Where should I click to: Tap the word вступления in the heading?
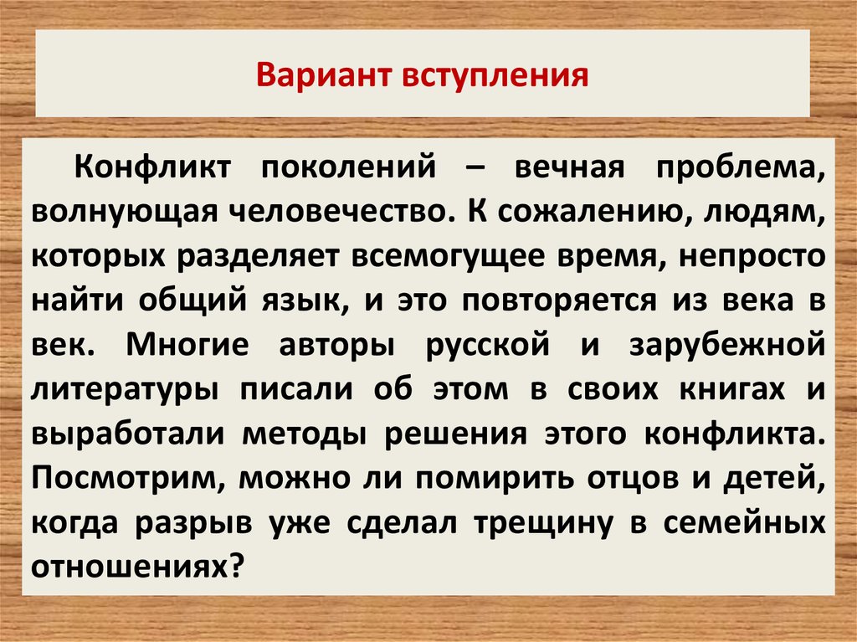(x=495, y=76)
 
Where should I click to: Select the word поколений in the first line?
(x=349, y=167)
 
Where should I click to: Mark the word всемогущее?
(x=449, y=256)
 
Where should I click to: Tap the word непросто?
(x=752, y=257)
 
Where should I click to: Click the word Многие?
(x=187, y=346)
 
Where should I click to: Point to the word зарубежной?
(x=727, y=346)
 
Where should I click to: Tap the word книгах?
(x=732, y=390)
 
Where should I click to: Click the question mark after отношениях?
(x=235, y=567)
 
